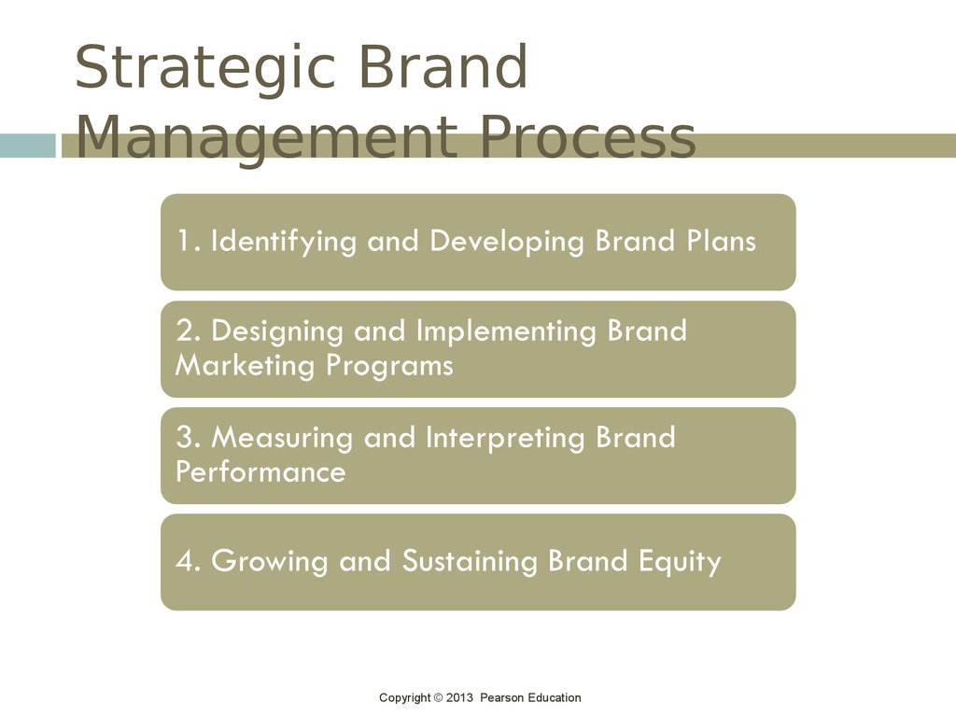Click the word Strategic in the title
pos(204,69)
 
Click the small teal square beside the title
pos(27,146)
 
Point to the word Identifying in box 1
pos(284,242)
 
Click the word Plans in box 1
pos(722,240)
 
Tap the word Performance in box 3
pos(260,471)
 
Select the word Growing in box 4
pos(270,562)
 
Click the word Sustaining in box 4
pos(470,562)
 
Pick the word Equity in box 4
pos(680,562)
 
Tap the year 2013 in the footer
pos(459,697)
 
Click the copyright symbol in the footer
pos(438,697)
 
